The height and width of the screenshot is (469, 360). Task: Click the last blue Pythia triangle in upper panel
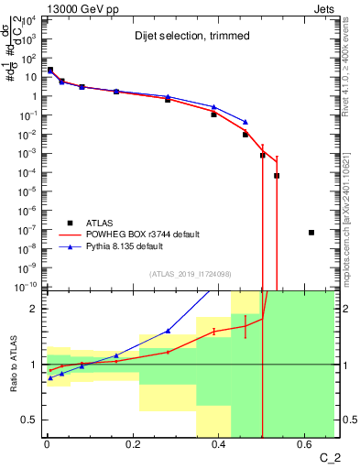(245, 121)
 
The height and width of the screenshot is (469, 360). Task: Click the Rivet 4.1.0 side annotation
(349, 60)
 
